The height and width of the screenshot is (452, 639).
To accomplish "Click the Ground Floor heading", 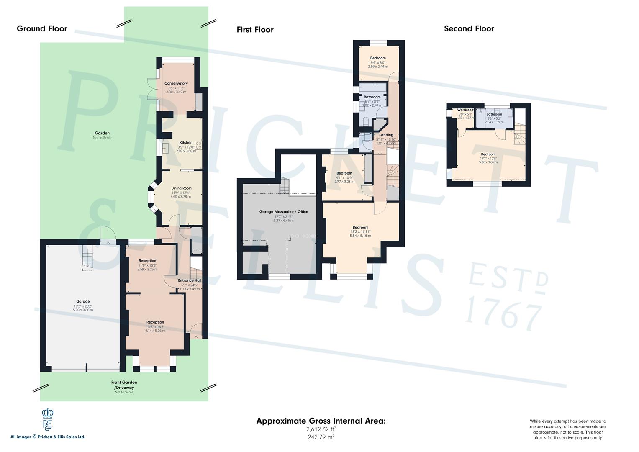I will (x=42, y=29).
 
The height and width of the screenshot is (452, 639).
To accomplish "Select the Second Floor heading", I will (x=469, y=29).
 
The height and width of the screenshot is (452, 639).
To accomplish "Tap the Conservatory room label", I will (x=176, y=83).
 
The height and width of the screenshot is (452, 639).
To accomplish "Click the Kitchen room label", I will (x=186, y=142).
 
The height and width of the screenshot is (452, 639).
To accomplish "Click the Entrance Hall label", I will (x=189, y=280).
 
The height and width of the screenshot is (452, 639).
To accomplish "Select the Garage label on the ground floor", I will (x=82, y=301).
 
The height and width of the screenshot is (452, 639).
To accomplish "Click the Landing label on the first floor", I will (x=385, y=135).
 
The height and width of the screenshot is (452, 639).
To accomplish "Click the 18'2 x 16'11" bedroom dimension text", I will (x=360, y=231).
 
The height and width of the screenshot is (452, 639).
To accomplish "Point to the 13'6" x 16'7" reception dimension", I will (x=155, y=327).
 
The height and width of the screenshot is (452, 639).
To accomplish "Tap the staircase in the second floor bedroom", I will (x=519, y=134).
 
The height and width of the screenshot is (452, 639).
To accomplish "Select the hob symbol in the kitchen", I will (x=198, y=146).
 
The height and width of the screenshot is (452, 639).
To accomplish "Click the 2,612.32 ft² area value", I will (x=321, y=429).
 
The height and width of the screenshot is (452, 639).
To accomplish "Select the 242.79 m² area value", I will (x=321, y=437).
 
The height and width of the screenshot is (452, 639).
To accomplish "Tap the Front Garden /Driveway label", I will (x=124, y=385).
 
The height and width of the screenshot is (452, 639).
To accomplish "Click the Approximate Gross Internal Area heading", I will (x=321, y=421).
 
